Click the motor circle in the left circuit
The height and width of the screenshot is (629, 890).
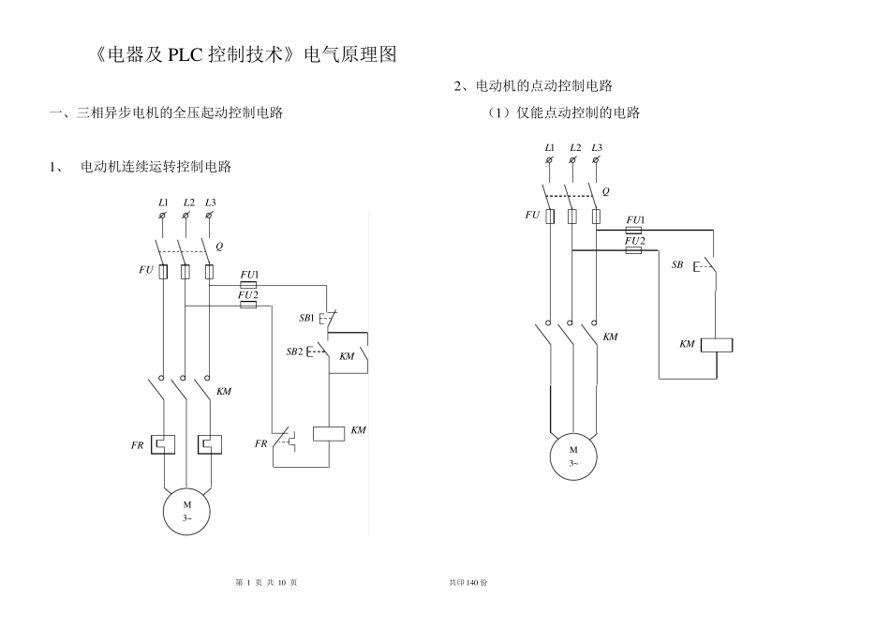186,512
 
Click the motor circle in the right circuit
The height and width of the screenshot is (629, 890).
573,457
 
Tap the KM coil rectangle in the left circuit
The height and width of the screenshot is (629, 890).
329,433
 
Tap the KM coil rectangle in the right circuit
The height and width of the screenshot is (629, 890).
717,345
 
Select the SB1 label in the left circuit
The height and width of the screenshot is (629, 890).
306,318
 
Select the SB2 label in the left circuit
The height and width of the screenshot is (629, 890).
294,352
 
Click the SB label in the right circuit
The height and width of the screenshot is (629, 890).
677,265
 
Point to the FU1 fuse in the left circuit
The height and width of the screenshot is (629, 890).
248,285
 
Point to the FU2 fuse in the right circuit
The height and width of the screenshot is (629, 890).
634,250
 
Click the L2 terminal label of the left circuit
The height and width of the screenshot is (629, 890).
188,202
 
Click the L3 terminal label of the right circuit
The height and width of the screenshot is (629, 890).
597,147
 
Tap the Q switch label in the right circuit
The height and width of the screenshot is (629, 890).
606,190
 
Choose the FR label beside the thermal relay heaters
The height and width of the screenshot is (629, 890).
137,447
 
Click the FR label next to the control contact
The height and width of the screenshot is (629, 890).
261,442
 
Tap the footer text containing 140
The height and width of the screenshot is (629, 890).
468,582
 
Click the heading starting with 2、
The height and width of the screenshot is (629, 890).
533,86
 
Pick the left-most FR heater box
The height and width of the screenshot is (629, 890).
163,442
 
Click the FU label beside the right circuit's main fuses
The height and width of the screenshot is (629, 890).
532,215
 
